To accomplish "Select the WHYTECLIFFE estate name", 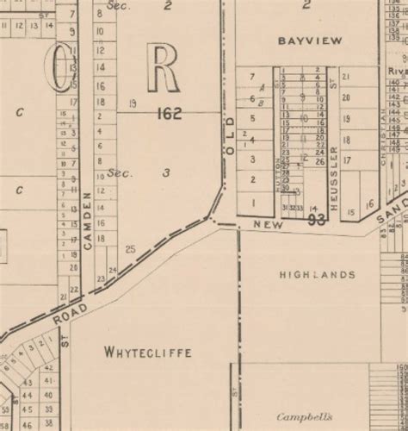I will [x=146, y=352].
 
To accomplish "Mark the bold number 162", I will [x=169, y=113].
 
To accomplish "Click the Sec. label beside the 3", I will [x=118, y=173].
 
